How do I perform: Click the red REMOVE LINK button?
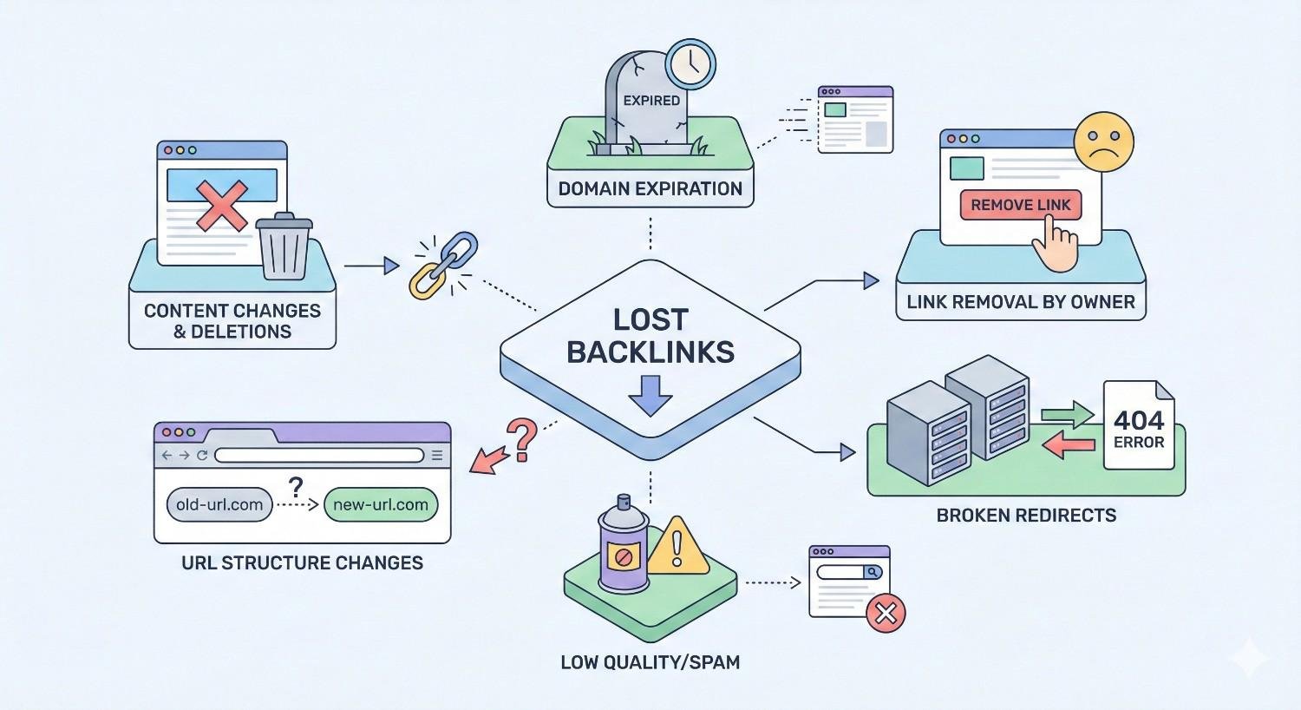pyautogui.click(x=1020, y=205)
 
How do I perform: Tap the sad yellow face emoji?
pyautogui.click(x=1103, y=141)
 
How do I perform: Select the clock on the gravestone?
pyautogui.click(x=690, y=63)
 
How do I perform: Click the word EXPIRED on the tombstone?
pyautogui.click(x=651, y=101)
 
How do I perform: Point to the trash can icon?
pyautogui.click(x=284, y=247)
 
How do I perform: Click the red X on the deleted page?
pyautogui.click(x=221, y=206)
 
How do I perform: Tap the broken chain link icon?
pyautogui.click(x=443, y=265)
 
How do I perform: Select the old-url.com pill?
pyautogui.click(x=219, y=504)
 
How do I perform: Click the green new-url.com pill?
pyautogui.click(x=381, y=504)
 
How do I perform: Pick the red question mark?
pyautogui.click(x=521, y=438)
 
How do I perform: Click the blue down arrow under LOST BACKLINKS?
pyautogui.click(x=650, y=396)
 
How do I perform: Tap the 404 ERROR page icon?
pyautogui.click(x=1138, y=426)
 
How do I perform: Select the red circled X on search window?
pyautogui.click(x=886, y=614)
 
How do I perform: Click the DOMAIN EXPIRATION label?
pyautogui.click(x=650, y=188)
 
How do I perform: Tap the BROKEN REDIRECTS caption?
pyautogui.click(x=1026, y=515)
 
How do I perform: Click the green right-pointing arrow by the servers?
pyautogui.click(x=1068, y=415)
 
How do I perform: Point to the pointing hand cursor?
pyautogui.click(x=1053, y=245)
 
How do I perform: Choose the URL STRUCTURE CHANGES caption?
pyautogui.click(x=302, y=562)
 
